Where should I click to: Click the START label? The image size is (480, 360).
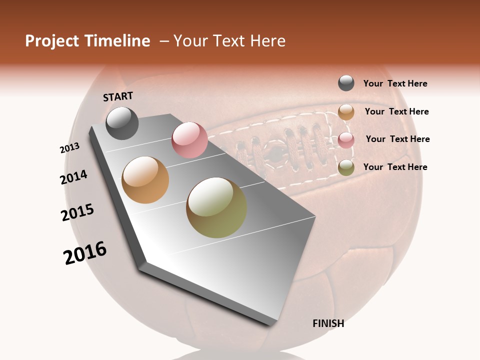click(x=118, y=96)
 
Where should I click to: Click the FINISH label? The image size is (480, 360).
click(x=328, y=323)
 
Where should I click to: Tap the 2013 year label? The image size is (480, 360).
click(x=69, y=148)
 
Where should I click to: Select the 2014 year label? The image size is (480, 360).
click(x=73, y=177)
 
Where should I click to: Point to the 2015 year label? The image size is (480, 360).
click(x=77, y=212)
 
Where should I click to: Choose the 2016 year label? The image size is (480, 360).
click(x=85, y=252)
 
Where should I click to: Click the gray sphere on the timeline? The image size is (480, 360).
click(x=122, y=123)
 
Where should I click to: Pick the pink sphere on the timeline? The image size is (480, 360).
click(x=189, y=140)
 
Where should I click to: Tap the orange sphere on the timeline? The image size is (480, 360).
click(x=145, y=180)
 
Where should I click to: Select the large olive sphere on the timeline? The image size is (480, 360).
click(x=216, y=207)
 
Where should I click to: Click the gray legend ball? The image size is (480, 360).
click(x=346, y=83)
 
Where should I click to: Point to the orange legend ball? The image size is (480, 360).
click(x=346, y=112)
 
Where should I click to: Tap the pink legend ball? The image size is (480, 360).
click(x=346, y=140)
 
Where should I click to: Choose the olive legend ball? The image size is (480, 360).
click(x=346, y=168)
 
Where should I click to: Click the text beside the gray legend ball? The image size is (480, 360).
click(x=395, y=83)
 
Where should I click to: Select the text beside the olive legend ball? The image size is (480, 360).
click(x=395, y=167)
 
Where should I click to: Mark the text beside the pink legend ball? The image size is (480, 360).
click(x=397, y=139)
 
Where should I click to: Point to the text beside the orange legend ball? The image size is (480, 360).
click(x=396, y=111)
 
